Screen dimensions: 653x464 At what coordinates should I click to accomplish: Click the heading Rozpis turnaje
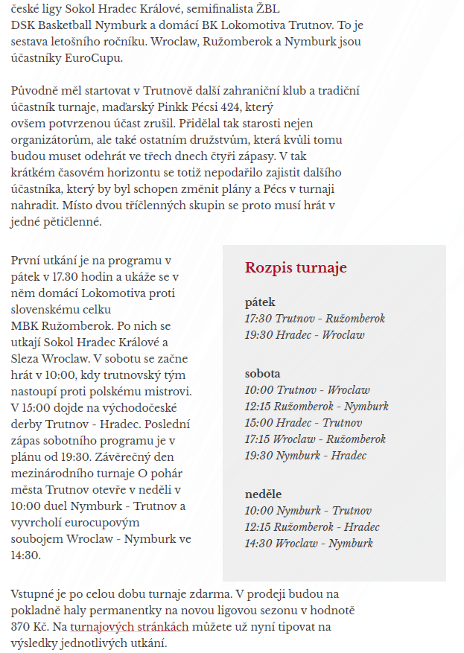click(296, 268)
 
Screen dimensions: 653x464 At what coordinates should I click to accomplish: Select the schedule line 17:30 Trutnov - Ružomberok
click(315, 319)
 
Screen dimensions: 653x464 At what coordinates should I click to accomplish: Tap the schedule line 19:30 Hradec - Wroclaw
click(305, 335)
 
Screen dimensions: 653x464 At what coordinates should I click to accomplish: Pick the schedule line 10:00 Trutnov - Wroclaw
click(307, 390)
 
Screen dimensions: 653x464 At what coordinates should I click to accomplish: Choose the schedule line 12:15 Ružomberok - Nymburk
click(317, 407)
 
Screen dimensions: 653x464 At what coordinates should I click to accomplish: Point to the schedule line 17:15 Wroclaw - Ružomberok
click(315, 439)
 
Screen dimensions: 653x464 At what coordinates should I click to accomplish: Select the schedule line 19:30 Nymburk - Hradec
click(305, 456)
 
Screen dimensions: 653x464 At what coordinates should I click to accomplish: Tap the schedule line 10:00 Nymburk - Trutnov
click(308, 511)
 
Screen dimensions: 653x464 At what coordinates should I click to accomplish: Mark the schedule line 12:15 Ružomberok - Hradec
click(312, 527)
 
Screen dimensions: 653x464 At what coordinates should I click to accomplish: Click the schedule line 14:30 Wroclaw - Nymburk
click(308, 544)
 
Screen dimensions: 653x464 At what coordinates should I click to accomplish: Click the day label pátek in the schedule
click(260, 302)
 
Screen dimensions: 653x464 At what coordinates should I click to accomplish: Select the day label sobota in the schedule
click(263, 374)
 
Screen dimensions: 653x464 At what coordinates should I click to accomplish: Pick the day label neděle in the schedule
click(263, 494)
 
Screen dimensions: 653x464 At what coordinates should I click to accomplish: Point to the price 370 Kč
click(31, 627)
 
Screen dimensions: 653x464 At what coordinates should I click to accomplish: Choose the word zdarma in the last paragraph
click(209, 594)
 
